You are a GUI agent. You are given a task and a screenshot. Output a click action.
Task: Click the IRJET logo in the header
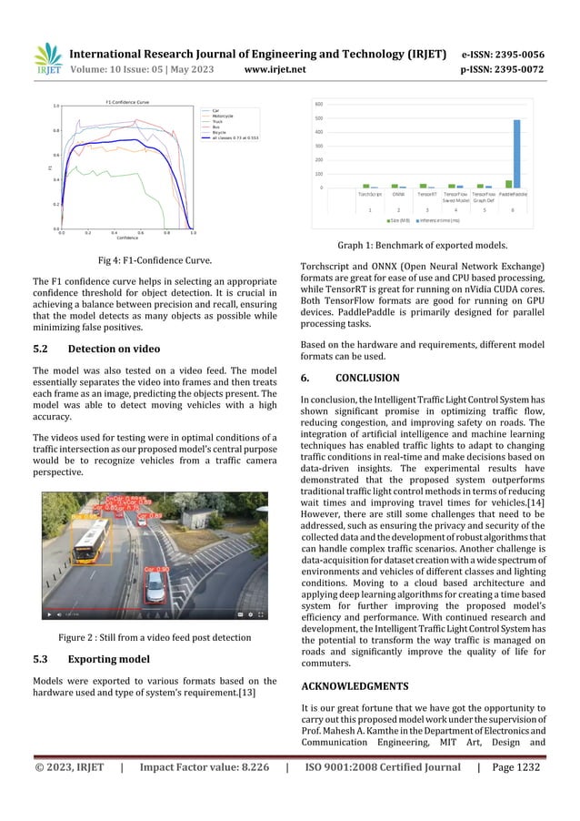(x=47, y=60)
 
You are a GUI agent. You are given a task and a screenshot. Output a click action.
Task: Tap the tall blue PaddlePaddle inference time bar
(x=517, y=154)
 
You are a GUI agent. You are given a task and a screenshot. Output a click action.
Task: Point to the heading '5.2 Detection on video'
(x=96, y=349)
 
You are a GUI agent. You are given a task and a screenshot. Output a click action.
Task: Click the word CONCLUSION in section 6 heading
(x=367, y=377)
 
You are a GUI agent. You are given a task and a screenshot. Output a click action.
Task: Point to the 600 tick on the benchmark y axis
(x=319, y=104)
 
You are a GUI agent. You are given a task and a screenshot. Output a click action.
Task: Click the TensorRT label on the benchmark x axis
(x=427, y=194)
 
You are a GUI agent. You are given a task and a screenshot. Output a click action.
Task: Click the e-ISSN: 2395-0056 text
(x=503, y=54)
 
